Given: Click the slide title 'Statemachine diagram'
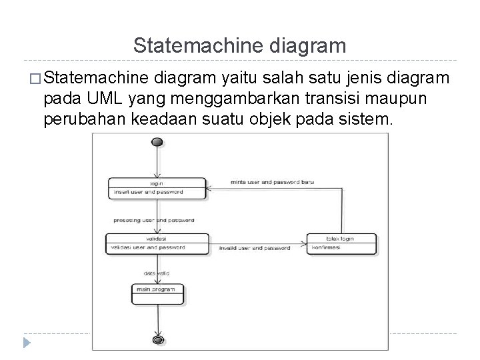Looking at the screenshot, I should click(x=239, y=46).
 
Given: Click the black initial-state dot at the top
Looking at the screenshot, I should click(x=158, y=142).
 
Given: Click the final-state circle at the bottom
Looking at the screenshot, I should click(x=158, y=339).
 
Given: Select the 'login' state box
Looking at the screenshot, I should click(x=157, y=187).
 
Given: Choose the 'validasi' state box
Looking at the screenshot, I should click(x=157, y=243).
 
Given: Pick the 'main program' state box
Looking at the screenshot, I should click(x=157, y=294).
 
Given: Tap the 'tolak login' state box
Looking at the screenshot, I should click(x=341, y=243).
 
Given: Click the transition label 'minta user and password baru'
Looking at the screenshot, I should click(x=272, y=181).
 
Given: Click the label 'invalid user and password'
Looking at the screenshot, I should click(x=255, y=248).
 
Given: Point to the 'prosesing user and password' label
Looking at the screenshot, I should click(x=153, y=219).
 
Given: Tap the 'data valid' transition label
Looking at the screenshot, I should click(x=157, y=273).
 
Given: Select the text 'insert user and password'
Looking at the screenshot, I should click(x=148, y=192).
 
